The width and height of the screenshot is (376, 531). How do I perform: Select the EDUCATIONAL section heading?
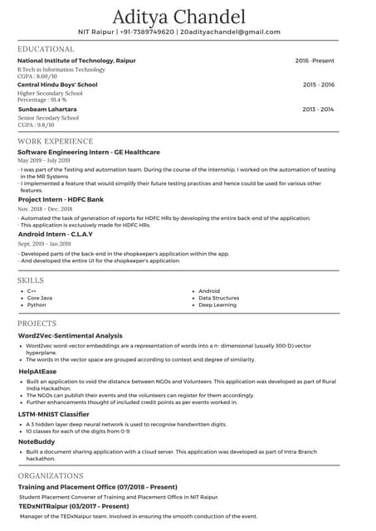tap(46, 50)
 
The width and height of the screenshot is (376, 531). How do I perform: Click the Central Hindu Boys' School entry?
tap(57, 85)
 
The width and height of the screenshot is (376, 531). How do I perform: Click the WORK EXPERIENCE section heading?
tap(55, 142)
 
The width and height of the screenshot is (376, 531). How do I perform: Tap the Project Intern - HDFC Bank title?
tap(61, 200)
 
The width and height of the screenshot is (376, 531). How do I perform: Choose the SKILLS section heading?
tap(31, 280)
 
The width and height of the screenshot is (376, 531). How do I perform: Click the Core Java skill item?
tap(40, 298)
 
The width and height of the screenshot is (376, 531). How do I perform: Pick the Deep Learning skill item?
tap(217, 305)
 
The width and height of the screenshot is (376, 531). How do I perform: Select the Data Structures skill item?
tap(219, 298)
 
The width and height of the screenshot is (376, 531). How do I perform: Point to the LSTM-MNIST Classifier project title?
tap(54, 414)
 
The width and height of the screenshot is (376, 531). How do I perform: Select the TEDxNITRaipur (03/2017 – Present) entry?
tap(73, 505)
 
